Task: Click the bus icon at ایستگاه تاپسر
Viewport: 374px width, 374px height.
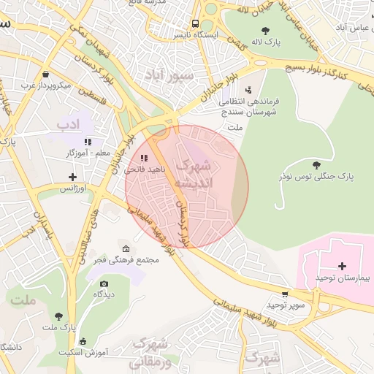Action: point(194,23)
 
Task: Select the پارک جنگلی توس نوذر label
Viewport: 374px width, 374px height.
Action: point(316,176)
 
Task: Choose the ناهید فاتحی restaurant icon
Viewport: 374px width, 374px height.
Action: point(144,157)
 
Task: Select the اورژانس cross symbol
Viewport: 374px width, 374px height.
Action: point(72,177)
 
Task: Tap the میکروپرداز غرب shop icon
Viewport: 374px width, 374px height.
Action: point(46,74)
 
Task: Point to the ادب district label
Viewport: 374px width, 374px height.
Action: point(68,125)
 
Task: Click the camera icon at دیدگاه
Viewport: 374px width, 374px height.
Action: point(104,283)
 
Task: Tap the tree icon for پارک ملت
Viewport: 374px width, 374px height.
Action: point(58,316)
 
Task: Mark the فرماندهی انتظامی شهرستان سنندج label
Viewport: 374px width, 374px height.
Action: point(249,106)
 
